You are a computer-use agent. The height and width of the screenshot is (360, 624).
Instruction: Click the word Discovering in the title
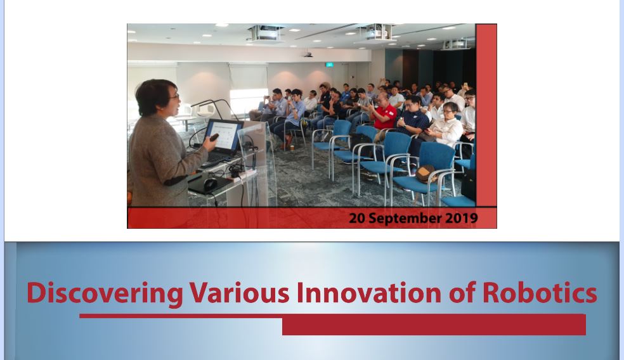click(x=105, y=293)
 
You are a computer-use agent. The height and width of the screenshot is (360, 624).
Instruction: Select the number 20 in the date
click(x=358, y=218)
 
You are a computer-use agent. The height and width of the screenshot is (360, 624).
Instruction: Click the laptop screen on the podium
click(x=224, y=136)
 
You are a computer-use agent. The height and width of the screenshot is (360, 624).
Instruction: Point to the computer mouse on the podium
click(x=211, y=184)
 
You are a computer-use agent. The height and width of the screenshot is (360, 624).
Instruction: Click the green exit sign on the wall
click(x=330, y=65)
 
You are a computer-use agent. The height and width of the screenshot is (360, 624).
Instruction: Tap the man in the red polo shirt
click(x=383, y=113)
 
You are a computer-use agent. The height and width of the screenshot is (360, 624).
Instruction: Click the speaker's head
click(x=157, y=98)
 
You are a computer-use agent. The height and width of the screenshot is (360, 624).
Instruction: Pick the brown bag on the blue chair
click(x=426, y=174)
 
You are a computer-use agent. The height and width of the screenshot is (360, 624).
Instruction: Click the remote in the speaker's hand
click(x=214, y=138)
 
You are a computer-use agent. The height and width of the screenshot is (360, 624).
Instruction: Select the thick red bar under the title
click(x=434, y=325)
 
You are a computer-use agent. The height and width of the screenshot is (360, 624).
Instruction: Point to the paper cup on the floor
click(x=292, y=148)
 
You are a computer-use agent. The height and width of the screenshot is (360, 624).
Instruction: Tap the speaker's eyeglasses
click(x=174, y=96)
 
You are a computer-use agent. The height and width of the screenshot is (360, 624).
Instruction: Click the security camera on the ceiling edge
click(x=307, y=54)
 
